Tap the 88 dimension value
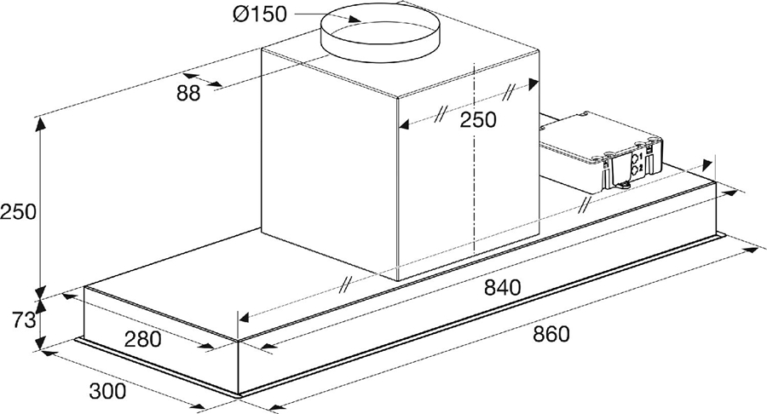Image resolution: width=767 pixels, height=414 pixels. click(x=189, y=94)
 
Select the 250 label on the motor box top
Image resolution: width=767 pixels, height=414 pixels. click(x=477, y=120)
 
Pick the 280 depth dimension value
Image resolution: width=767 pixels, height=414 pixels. click(x=144, y=339)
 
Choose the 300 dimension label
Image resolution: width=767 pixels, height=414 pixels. click(x=108, y=391)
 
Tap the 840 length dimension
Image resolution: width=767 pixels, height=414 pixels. click(x=502, y=287)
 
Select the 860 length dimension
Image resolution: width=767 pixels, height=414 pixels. click(x=551, y=333)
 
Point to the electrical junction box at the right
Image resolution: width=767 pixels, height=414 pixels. click(x=601, y=149)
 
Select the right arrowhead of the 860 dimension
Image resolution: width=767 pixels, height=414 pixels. click(x=757, y=250)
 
